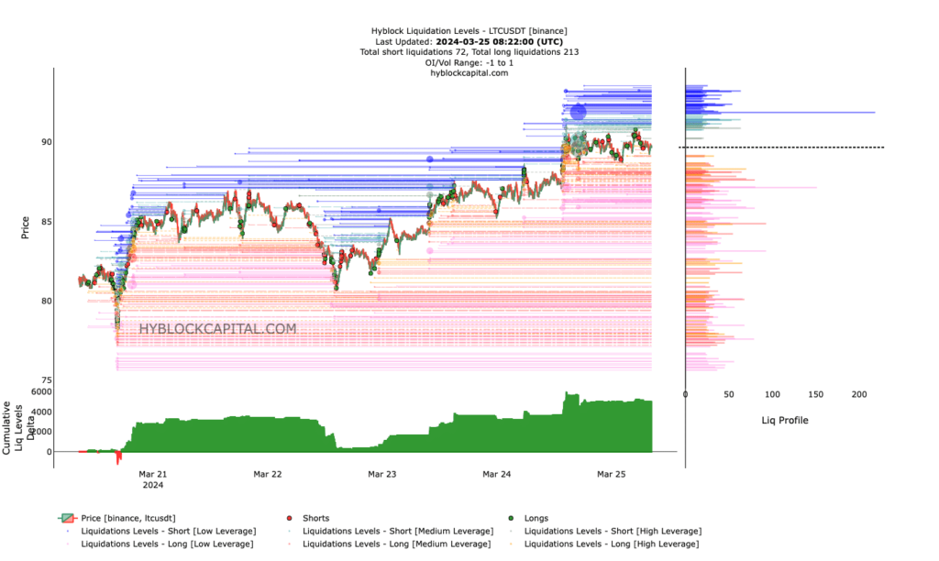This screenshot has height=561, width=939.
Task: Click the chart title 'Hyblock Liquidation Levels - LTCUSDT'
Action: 469,32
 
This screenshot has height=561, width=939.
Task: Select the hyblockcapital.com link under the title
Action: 469,72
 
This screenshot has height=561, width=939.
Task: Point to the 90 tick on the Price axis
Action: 46,142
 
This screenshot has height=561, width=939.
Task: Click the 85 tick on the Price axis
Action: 46,221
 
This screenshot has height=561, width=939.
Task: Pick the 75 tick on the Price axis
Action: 46,379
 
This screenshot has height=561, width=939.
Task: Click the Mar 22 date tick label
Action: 267,474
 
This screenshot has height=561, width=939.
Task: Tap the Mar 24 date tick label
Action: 496,474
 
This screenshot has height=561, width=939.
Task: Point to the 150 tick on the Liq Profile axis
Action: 815,394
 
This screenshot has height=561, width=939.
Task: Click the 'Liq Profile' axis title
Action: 785,421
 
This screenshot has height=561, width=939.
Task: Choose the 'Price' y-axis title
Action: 25,227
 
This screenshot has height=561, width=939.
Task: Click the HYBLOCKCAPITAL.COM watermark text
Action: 217,328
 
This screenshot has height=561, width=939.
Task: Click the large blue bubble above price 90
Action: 578,113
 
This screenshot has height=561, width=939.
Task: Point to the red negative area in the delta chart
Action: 117,456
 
